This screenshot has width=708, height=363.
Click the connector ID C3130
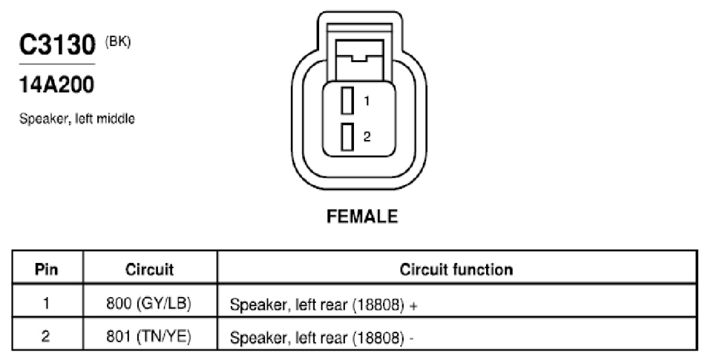point(57,44)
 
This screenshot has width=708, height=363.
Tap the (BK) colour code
point(118,42)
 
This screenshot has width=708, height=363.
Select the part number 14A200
point(56,84)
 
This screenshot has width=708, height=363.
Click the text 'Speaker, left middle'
point(76,119)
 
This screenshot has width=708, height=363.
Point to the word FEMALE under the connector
point(362,216)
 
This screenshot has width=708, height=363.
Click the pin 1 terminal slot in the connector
point(347,101)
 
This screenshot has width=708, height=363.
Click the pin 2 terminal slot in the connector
point(347,136)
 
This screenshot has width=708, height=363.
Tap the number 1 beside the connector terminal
point(367,101)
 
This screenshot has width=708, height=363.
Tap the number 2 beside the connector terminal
point(367,136)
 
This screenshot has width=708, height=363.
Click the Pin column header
point(47,269)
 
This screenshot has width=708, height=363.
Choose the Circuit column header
point(149,269)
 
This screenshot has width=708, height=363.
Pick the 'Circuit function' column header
point(456,269)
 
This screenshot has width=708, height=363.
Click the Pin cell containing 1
point(47,303)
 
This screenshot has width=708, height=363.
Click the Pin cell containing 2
point(46,336)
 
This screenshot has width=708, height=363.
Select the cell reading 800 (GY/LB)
point(149,304)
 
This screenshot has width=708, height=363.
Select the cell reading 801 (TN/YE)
point(149,337)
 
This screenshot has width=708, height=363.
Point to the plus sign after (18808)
point(413,306)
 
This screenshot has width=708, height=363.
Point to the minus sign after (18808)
point(411,339)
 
